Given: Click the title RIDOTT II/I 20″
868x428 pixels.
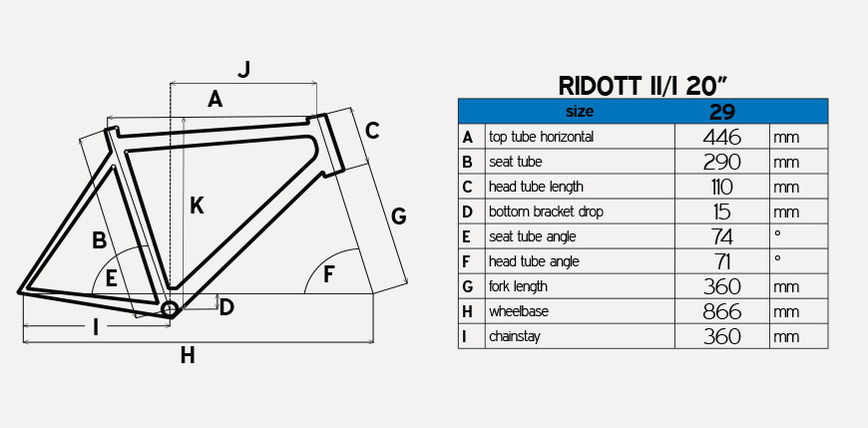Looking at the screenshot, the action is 643,86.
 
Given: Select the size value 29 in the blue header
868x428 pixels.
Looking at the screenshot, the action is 722,112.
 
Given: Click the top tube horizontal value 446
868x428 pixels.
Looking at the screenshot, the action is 722,137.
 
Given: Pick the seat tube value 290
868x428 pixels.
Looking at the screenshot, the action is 722,162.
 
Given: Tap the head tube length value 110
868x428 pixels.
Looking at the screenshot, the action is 722,187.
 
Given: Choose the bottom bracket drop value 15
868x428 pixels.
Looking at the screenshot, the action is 722,212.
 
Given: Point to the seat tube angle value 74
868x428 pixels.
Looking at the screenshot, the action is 722,236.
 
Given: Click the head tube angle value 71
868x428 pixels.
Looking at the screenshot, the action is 722,261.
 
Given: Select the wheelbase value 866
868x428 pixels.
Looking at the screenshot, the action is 722,311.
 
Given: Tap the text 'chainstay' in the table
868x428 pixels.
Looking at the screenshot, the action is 515,336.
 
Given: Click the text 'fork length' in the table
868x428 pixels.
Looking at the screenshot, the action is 518,286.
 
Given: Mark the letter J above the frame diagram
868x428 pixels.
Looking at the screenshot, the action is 244,69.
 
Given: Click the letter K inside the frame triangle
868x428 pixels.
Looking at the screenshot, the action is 197,206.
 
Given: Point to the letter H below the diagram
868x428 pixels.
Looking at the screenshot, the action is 188,355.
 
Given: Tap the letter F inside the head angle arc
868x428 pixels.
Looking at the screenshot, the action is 329,274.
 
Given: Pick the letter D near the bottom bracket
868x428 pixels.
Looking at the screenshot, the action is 226,307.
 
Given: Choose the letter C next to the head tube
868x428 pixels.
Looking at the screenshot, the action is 372,131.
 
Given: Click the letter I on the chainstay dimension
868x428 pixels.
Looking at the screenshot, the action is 96,328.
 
